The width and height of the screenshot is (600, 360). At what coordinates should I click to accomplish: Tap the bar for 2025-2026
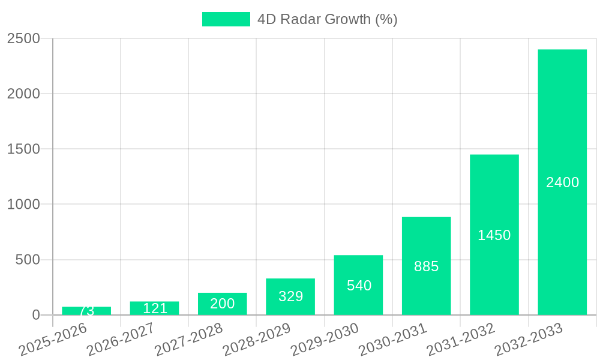coord(86,311)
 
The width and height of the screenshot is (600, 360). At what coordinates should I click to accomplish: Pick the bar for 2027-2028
coord(223,304)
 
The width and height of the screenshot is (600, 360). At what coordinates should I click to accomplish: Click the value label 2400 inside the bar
coord(562,182)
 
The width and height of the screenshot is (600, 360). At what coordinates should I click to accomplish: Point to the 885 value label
coord(427,266)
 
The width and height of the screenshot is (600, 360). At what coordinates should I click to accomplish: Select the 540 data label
coord(359,286)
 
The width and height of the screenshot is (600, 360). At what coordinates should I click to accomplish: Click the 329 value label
coord(291,296)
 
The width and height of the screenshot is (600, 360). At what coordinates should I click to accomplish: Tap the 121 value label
coord(155,308)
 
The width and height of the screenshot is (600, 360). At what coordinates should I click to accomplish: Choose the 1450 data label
coord(494,235)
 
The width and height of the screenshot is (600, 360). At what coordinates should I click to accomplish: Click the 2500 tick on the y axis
coord(23,39)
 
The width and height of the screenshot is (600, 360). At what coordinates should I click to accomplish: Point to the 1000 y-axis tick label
coord(23,205)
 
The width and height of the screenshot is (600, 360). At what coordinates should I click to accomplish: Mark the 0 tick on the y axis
coord(35,315)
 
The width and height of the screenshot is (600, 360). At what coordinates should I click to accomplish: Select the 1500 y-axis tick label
coord(23,149)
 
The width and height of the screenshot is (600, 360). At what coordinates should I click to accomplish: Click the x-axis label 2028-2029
coord(257,340)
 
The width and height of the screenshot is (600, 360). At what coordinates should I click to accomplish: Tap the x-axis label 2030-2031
coord(394,340)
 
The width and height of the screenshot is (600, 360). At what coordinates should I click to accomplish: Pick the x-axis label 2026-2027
coord(121,340)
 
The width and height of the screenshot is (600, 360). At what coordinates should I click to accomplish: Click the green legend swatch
coord(226,19)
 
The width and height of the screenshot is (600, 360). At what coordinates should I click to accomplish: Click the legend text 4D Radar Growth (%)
coord(327,19)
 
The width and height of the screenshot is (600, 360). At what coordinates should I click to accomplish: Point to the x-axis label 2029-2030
coord(326,340)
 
